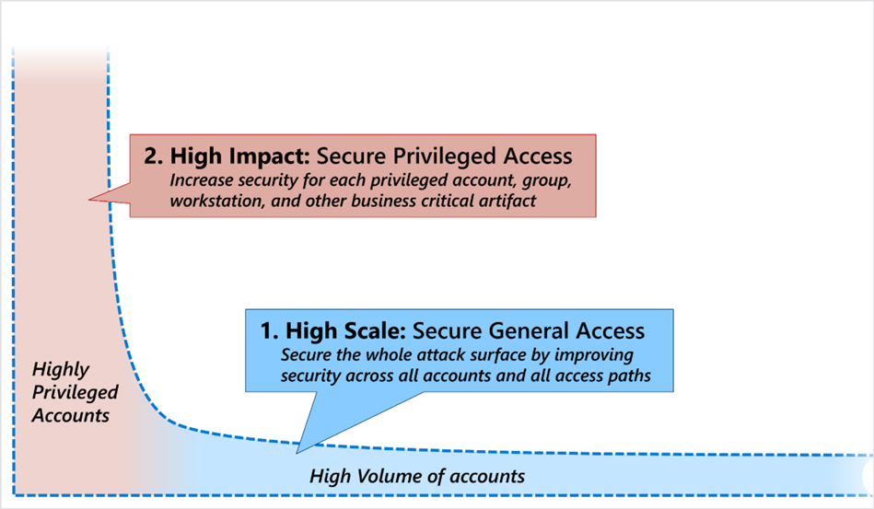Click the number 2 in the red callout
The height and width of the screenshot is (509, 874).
pyautogui.click(x=150, y=156)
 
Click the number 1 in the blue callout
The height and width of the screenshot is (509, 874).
pyautogui.click(x=267, y=330)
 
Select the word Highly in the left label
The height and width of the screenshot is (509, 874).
pyautogui.click(x=61, y=370)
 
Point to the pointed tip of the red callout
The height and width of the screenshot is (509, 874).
pyautogui.click(x=89, y=199)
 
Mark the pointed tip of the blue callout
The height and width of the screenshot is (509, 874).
pyautogui.click(x=298, y=452)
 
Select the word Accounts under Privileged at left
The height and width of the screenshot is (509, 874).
pyautogui.click(x=71, y=415)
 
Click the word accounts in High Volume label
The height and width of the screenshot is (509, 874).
pyautogui.click(x=487, y=477)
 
